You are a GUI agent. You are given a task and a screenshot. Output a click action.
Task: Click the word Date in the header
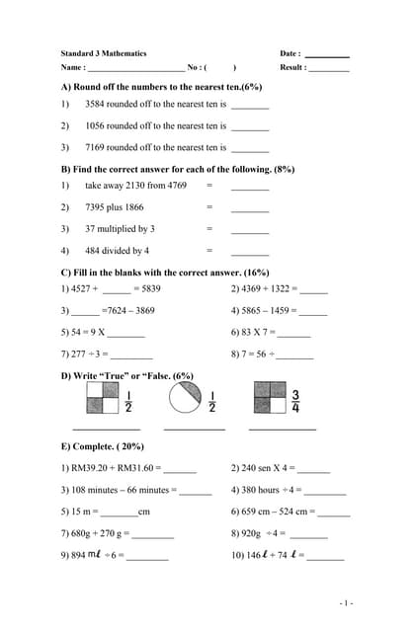289,53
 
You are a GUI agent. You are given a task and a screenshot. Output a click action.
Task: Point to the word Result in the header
291,67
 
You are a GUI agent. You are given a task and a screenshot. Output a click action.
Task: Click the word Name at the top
71,67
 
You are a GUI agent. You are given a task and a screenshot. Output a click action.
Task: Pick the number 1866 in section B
133,206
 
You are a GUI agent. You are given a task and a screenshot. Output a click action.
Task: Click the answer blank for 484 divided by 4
250,253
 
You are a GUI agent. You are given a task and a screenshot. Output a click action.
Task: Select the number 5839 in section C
150,288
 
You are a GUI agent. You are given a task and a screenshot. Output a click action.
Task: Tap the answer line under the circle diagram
194,429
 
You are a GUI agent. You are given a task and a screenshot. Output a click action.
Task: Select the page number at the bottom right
345,602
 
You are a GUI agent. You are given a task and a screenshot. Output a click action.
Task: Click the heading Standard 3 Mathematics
103,53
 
